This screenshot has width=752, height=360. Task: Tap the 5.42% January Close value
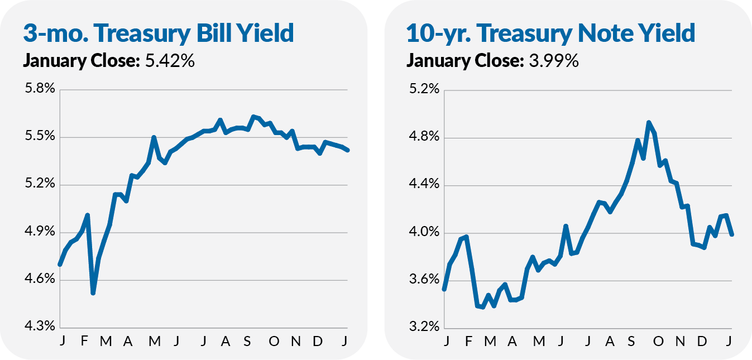tap(170, 61)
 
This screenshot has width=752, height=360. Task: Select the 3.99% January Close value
tap(554, 61)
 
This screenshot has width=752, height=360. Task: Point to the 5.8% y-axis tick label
tap(40, 88)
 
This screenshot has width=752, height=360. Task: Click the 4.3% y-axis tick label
tap(40, 326)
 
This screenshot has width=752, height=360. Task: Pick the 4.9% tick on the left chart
tap(40, 231)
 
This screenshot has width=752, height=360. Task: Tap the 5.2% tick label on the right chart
tap(424, 89)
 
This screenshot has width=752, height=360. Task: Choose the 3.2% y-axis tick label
tap(424, 326)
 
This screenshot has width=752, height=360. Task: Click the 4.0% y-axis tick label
tap(424, 232)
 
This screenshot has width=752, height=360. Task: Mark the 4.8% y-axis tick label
tap(424, 137)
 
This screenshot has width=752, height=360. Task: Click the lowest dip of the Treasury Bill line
tap(93, 293)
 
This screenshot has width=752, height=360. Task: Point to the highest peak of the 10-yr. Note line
tap(649, 122)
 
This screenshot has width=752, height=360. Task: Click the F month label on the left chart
tap(84, 341)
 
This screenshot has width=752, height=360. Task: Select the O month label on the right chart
tap(658, 341)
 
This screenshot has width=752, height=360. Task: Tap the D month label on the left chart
tap(318, 341)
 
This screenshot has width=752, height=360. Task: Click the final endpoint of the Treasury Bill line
tap(348, 150)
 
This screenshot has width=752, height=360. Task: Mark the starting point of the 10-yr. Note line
tap(444, 289)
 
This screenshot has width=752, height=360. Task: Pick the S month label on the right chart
tap(631, 341)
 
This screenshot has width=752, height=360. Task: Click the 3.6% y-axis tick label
tap(424, 279)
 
